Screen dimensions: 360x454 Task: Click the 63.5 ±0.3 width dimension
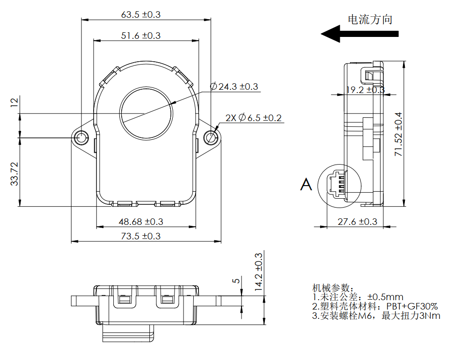pos(140,14)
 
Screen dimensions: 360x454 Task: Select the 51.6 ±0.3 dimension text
pos(140,36)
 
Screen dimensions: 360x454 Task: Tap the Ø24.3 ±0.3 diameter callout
pos(234,86)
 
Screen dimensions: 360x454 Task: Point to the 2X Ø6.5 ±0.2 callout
pos(253,118)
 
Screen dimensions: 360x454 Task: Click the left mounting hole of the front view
pos(81,137)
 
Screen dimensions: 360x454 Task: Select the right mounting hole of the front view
pos(212,137)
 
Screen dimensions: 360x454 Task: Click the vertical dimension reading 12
pos(14,102)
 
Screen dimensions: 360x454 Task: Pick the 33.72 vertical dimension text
pos(14,174)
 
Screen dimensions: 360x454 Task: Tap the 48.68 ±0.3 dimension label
pos(140,222)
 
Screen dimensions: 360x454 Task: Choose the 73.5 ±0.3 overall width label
pos(140,236)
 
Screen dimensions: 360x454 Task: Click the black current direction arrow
pos(359,34)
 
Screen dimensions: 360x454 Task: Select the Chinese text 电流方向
pos(369,20)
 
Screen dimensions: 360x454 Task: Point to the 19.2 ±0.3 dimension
pos(365,90)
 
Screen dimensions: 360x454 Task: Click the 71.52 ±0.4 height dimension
pos(398,134)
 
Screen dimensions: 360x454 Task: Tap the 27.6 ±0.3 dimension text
pos(357,222)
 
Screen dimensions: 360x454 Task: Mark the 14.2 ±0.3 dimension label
pos(258,272)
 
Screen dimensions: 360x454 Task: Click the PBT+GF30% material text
pos(412,307)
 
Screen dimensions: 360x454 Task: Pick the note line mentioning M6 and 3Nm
pos(376,316)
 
